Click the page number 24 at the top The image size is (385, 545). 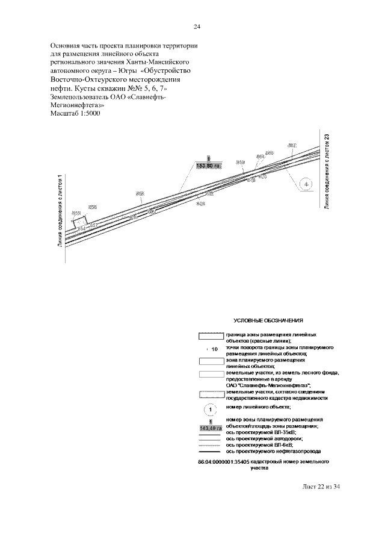click(x=197, y=27)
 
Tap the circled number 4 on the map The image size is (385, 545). click(x=306, y=183)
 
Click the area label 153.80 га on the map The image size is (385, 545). click(x=211, y=165)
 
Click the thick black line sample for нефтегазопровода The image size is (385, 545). click(x=211, y=451)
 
